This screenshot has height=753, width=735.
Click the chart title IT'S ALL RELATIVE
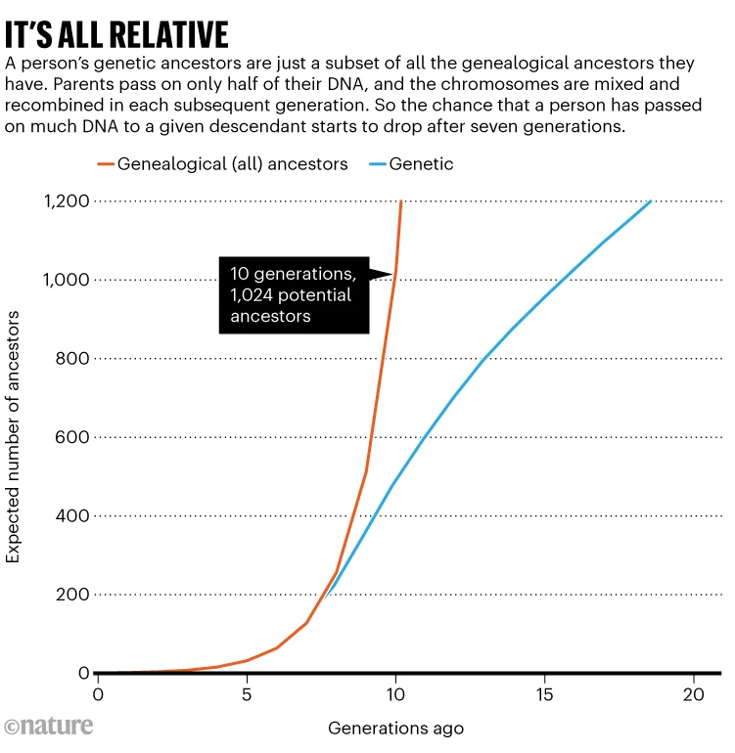pos(117,34)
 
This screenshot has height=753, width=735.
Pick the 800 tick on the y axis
pos(72,359)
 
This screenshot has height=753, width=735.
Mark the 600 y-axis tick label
pos(72,437)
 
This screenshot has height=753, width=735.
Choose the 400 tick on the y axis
pos(72,516)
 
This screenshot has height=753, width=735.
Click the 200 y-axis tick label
pos(72,595)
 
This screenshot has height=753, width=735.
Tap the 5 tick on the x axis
pos(247,695)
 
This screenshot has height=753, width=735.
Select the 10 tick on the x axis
pos(395,695)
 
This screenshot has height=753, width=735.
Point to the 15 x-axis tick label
pos(544,695)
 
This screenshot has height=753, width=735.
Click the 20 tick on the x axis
pos(693,695)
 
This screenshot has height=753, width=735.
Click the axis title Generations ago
pos(395,729)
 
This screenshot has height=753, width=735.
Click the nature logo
pos(49,727)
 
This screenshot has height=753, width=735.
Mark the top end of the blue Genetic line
pos(651,201)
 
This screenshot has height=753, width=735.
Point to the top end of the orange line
pos(401,201)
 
